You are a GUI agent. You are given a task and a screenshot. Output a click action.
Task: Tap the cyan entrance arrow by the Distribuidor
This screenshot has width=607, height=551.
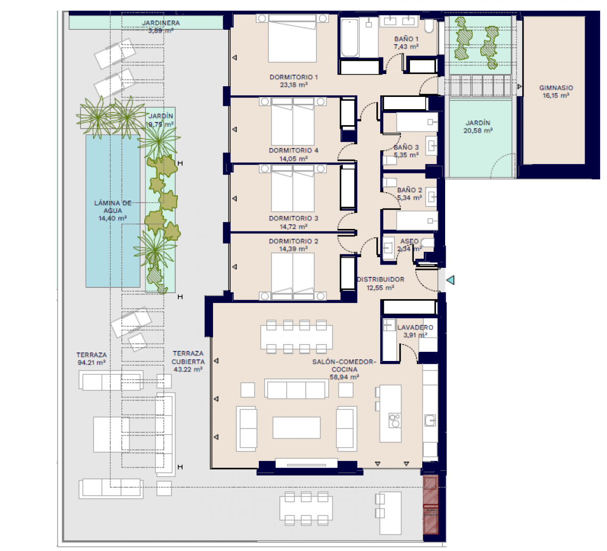(450, 280)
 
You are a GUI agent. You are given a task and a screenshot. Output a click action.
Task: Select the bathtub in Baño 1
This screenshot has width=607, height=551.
(350, 37)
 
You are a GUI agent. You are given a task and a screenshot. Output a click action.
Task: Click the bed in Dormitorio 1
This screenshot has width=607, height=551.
(292, 39)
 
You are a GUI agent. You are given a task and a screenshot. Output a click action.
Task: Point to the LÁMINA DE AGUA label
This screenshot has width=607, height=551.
(112, 206)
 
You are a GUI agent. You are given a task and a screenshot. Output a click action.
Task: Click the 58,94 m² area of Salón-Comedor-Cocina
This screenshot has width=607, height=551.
(344, 376)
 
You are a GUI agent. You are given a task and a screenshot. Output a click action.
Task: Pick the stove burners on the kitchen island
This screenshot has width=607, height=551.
(395, 420)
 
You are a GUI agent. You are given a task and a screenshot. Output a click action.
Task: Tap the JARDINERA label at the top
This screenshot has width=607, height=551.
(161, 23)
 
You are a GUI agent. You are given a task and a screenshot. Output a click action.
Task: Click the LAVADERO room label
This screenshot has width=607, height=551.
(415, 327)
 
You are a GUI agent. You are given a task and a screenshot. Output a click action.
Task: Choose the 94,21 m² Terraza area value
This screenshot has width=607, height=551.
(91, 363)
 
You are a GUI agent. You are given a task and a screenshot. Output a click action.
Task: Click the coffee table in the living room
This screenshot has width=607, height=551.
(297, 427)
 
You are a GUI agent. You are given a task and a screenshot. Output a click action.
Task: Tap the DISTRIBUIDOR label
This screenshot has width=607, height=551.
(380, 279)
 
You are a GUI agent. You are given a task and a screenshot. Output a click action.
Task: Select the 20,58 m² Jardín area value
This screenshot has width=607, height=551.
(477, 130)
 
